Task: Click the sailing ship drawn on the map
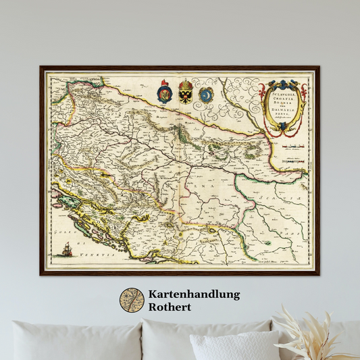[66, 251]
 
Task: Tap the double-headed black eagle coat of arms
[186, 92]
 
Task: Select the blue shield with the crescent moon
[206, 93]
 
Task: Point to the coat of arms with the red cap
[164, 92]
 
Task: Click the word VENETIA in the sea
[88, 259]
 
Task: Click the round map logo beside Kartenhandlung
[132, 301]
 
